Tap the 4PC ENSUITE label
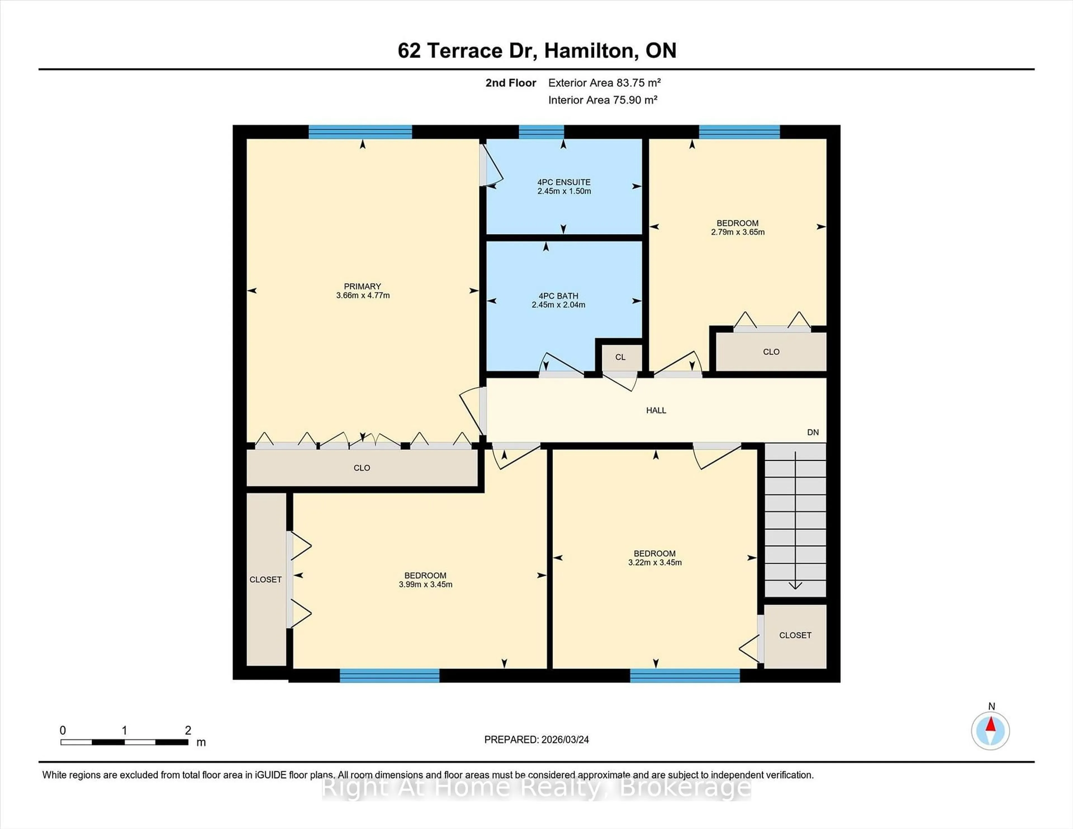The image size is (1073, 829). coord(564,182)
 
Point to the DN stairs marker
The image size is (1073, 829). coord(813,432)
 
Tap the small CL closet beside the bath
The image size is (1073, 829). coord(620,357)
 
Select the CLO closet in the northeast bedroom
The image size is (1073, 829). coord(771,352)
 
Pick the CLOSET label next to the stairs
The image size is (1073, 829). coord(795,635)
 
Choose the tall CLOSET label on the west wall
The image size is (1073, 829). coord(265,580)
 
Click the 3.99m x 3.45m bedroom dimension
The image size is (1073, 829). coord(426,584)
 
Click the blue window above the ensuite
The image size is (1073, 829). coord(541,132)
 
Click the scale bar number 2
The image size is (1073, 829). coord(188,730)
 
